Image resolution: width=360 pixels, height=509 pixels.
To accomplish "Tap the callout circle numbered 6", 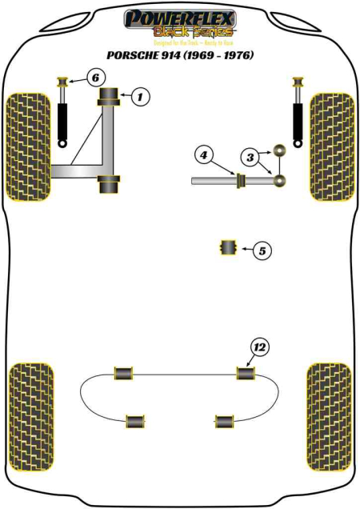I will click(94, 78).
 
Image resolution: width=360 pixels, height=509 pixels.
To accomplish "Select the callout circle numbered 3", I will click(250, 158).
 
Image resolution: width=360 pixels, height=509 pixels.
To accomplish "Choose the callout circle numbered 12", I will click(258, 347).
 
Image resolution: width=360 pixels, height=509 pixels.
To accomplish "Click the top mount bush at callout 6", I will click(62, 82).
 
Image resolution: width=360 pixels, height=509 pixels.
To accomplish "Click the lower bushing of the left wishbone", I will click(110, 182).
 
